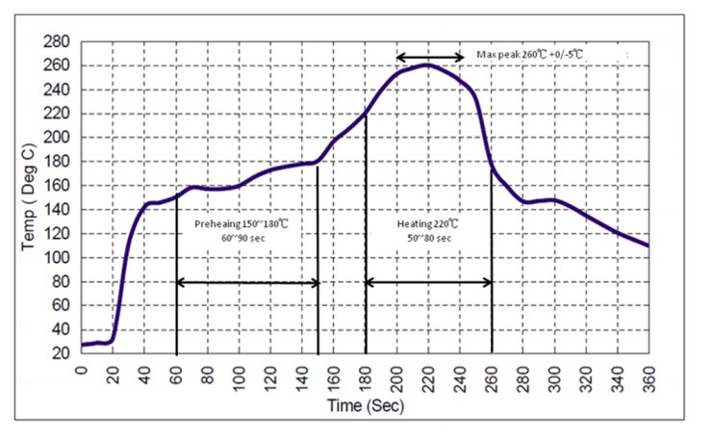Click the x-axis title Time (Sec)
367,405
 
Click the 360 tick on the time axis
649,372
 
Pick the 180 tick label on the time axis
366,372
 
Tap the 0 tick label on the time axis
82,372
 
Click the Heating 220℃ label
429,224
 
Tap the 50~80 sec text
429,239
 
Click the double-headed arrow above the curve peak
430,56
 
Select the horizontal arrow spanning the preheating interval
247,282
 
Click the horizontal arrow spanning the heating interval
429,282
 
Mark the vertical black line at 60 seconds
177,279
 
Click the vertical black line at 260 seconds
492,270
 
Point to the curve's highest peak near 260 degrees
427,65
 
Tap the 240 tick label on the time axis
460,372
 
